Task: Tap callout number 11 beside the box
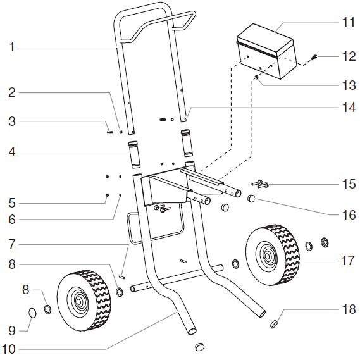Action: click(x=349, y=22)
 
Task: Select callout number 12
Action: click(x=349, y=56)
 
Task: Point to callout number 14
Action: click(x=349, y=108)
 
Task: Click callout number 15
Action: click(x=349, y=184)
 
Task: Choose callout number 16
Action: click(x=349, y=215)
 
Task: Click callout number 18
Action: click(x=349, y=311)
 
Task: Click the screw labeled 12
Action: click(x=313, y=58)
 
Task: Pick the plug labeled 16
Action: click(x=251, y=199)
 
